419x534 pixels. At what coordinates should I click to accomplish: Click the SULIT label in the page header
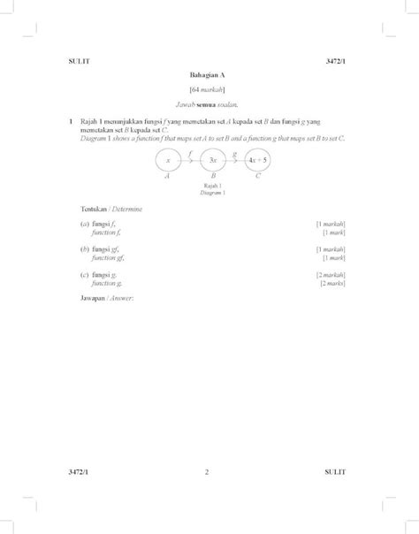point(79,60)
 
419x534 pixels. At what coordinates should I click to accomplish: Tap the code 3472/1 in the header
point(336,60)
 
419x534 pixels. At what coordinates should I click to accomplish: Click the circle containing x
point(166,160)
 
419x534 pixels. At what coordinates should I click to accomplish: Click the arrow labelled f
point(189,159)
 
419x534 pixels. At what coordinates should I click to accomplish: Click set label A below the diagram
point(166,177)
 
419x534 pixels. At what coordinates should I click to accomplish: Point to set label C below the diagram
point(258,177)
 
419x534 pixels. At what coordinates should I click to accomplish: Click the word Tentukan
point(93,208)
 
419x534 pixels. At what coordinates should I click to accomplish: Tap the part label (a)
point(83,225)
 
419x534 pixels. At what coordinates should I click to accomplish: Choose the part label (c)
point(83,275)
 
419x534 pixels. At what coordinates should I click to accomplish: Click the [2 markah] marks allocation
point(331,275)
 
